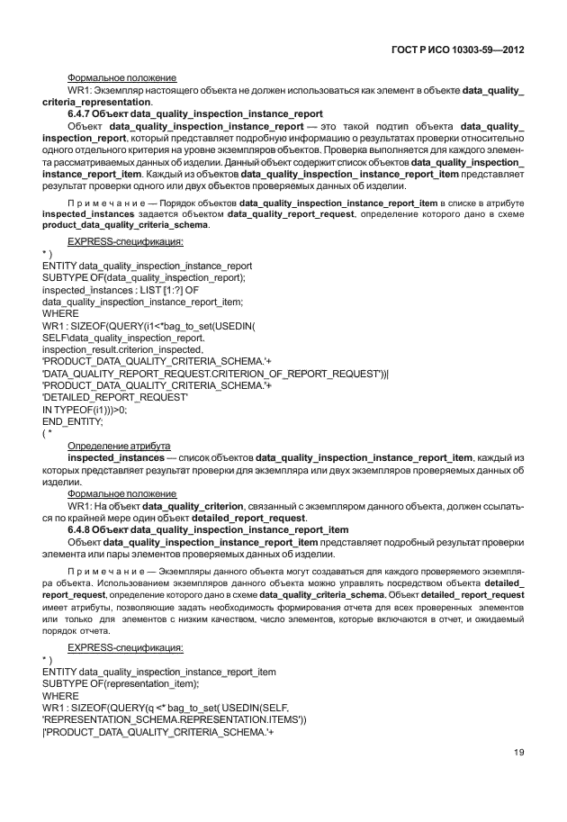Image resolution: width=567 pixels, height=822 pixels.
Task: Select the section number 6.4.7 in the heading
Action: click(82, 115)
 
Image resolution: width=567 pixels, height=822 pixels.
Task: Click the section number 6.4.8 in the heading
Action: click(82, 529)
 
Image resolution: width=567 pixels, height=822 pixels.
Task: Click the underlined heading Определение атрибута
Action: click(121, 446)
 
